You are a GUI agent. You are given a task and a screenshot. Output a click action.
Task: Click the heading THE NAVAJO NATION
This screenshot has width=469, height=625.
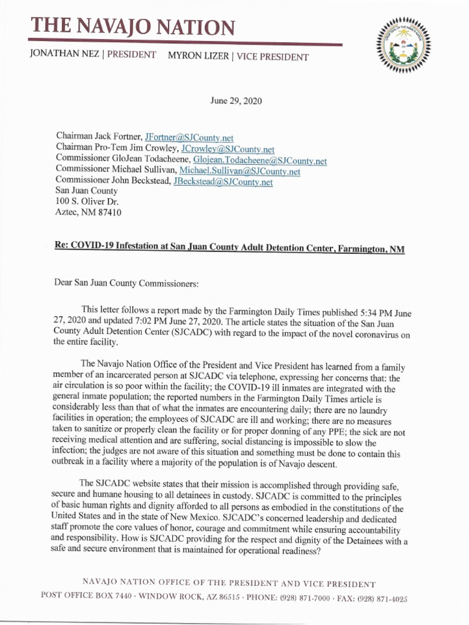coord(133,27)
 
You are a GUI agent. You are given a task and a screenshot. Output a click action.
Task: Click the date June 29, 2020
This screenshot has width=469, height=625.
coord(236,101)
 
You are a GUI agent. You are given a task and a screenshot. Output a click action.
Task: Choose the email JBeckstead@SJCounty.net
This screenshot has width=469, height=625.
coord(223,182)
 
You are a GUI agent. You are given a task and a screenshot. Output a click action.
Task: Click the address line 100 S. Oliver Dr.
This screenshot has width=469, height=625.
coord(87,202)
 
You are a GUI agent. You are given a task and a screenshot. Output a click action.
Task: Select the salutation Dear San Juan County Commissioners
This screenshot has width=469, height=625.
coord(127,283)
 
